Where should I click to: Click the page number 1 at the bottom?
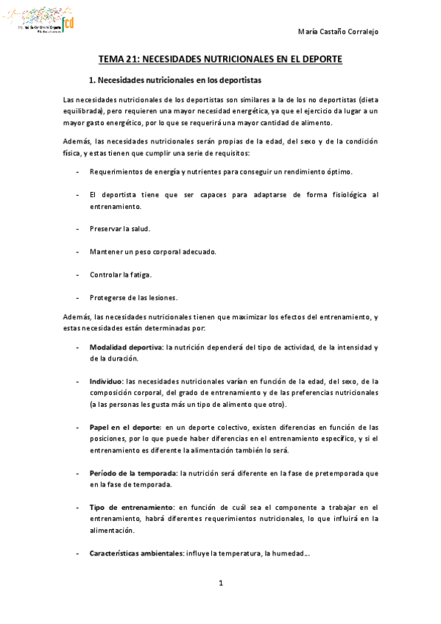220,583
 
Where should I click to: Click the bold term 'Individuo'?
106,381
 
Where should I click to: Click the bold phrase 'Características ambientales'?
137,553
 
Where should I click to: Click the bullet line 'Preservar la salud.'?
119,229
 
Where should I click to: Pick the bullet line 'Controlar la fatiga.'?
121,274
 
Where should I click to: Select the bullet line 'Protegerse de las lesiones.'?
133,297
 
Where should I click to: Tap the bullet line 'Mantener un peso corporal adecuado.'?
153,252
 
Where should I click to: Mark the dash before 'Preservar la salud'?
79,229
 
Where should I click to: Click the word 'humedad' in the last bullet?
284,553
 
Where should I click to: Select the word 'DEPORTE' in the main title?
318,60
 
